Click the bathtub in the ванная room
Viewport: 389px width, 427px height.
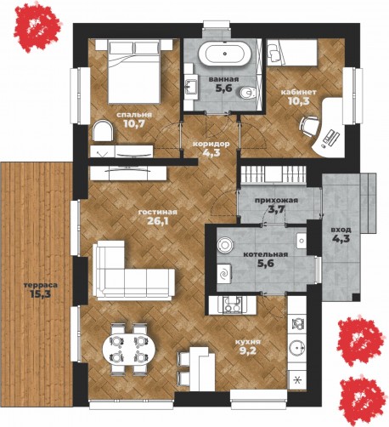225,54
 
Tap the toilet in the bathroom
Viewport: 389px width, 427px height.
248,92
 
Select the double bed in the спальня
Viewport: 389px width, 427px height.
134,71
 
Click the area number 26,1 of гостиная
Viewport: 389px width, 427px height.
158,221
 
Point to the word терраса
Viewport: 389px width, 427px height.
41,285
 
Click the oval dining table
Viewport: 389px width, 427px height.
129,349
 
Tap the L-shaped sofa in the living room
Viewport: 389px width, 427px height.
133,271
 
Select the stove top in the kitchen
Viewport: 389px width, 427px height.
232,305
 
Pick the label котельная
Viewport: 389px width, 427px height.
266,254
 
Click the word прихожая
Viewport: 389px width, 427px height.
276,201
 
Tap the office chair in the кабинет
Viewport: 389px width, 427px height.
309,127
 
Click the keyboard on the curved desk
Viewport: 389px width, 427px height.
331,137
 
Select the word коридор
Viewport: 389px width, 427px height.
211,144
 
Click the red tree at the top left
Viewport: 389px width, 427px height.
37,27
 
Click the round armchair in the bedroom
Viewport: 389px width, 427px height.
103,131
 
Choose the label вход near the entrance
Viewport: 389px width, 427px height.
341,230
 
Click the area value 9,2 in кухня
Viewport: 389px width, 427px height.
248,351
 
